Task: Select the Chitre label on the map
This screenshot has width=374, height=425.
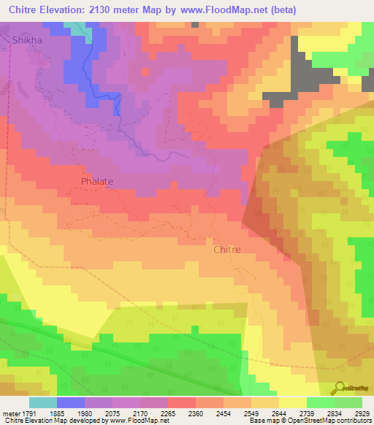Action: (x=227, y=249)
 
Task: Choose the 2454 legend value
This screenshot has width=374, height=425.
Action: (x=236, y=413)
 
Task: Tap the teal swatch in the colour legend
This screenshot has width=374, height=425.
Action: (x=42, y=402)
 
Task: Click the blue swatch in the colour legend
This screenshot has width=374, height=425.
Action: (x=70, y=402)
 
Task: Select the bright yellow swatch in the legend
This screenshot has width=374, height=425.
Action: (x=291, y=402)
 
